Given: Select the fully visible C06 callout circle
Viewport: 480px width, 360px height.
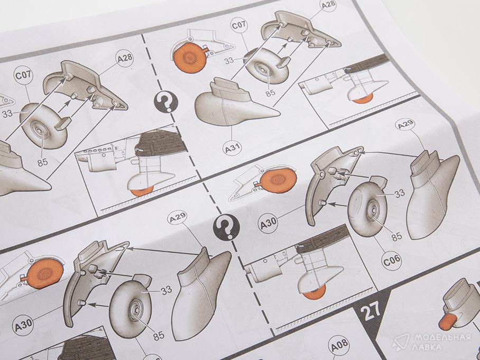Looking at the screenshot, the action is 392,260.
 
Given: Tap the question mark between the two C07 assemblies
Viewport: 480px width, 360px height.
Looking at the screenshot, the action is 166,102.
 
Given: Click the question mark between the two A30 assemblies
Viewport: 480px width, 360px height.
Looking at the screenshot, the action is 227,227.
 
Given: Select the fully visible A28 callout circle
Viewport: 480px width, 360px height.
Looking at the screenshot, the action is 125,58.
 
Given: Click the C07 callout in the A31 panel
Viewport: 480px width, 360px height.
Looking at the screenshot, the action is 239,25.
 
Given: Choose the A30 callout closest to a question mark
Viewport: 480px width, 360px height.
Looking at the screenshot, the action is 268,224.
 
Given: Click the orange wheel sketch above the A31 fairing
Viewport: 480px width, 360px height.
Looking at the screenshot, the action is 189,58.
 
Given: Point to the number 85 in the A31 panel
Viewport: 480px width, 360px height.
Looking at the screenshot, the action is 270,93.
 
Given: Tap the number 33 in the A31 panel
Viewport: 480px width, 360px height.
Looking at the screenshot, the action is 229,61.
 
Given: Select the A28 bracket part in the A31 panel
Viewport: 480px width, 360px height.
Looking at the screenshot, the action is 301,31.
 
